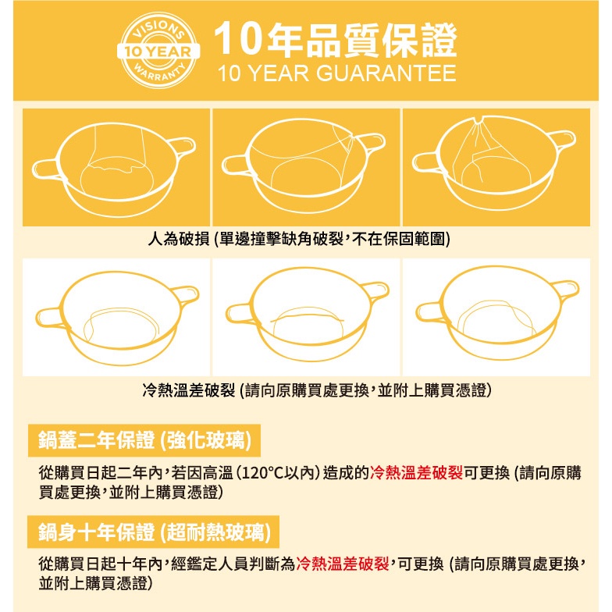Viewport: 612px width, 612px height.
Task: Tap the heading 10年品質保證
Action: (x=336, y=39)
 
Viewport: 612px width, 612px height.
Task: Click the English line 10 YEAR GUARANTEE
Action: (x=337, y=73)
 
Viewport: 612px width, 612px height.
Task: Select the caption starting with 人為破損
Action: (x=299, y=239)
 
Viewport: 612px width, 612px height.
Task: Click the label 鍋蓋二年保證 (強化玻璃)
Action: (x=144, y=440)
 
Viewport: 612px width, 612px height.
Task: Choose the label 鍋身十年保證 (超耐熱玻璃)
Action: (x=154, y=532)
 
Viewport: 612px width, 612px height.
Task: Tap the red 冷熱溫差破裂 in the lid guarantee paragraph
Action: (x=417, y=473)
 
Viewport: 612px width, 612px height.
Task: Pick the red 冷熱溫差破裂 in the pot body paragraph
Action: (x=343, y=564)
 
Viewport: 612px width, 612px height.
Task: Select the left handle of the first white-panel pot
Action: (x=51, y=317)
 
